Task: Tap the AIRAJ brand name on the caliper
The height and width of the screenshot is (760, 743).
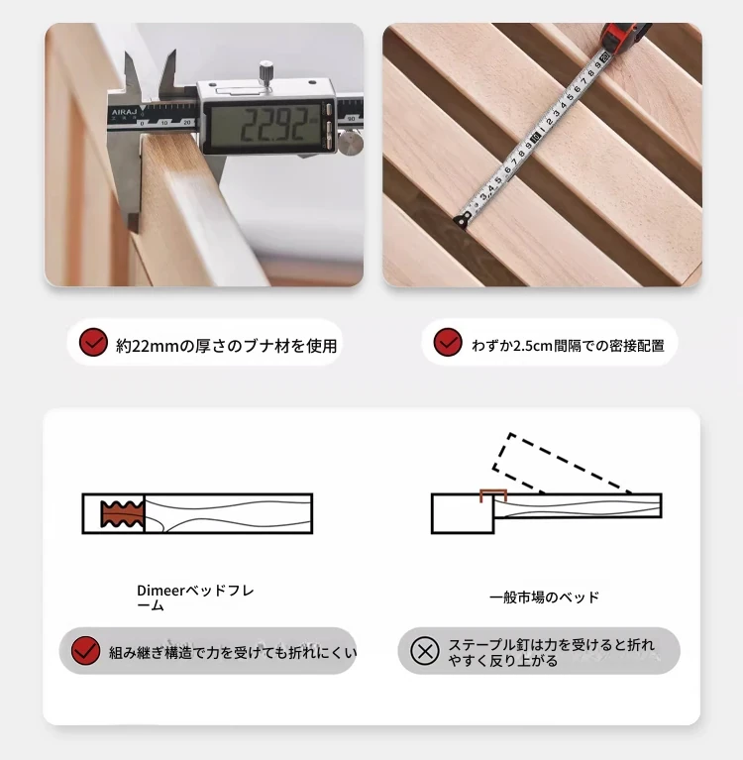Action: click(x=124, y=112)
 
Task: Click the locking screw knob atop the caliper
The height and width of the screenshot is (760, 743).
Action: click(x=265, y=72)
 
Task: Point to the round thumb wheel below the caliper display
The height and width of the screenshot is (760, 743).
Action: click(x=351, y=143)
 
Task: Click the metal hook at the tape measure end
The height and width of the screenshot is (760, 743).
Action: click(x=463, y=220)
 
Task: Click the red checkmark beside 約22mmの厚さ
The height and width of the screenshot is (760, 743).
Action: click(x=93, y=342)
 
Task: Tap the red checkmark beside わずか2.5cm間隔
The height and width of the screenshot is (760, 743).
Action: click(x=448, y=342)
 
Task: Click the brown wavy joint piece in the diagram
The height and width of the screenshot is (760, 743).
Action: click(x=122, y=514)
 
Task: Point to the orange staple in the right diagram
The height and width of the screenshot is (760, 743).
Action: click(x=493, y=495)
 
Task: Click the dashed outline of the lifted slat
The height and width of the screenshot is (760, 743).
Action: click(x=563, y=463)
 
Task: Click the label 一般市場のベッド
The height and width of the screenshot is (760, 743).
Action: click(x=544, y=597)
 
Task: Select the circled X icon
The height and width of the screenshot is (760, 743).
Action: click(x=425, y=651)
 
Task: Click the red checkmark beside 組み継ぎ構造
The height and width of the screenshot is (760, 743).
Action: click(x=85, y=651)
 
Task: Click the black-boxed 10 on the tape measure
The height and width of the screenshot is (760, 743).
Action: click(x=535, y=138)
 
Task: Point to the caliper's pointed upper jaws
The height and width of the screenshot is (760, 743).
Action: click(x=150, y=72)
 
